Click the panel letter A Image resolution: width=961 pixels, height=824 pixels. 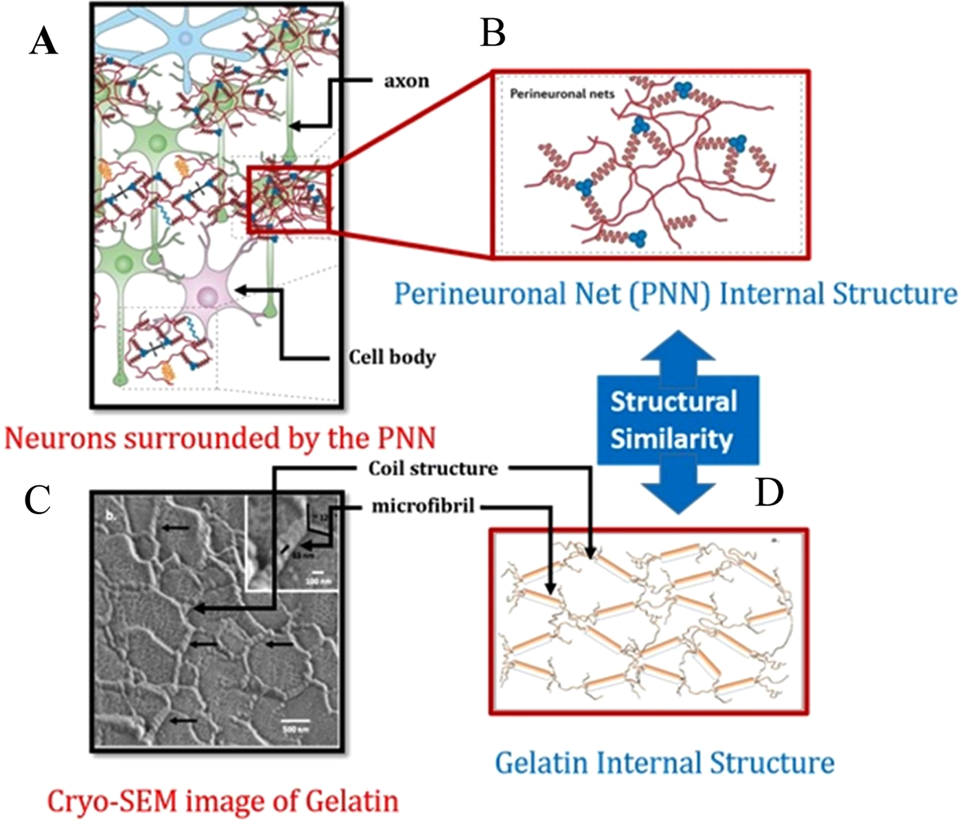click(x=44, y=43)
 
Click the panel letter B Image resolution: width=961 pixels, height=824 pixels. click(x=493, y=33)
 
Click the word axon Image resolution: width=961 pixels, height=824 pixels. click(x=406, y=81)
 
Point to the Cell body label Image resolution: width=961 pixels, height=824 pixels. click(x=392, y=357)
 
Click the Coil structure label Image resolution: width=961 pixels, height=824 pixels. click(x=432, y=469)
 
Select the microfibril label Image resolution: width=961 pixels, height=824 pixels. click(x=423, y=506)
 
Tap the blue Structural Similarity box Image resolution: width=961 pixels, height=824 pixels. click(x=677, y=420)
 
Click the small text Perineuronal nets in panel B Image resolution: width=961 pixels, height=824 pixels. click(x=562, y=94)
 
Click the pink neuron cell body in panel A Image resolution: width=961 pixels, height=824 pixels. click(x=207, y=296)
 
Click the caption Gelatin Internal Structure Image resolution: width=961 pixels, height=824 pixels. click(x=664, y=763)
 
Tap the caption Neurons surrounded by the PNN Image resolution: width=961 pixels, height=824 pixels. click(x=220, y=438)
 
